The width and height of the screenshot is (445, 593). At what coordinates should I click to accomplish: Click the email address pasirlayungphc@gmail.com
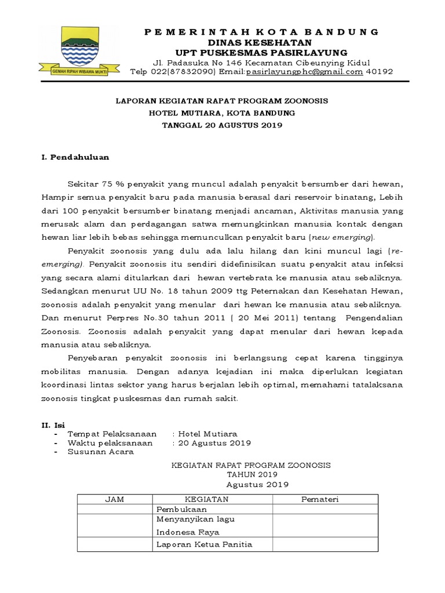[x=305, y=72]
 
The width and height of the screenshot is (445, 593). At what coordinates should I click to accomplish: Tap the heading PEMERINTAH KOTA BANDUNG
[x=261, y=31]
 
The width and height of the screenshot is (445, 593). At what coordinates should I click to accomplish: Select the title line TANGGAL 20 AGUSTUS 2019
[x=222, y=126]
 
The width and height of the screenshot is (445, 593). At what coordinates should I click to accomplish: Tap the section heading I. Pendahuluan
[x=75, y=157]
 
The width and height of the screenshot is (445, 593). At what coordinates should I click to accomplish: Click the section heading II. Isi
[x=53, y=425]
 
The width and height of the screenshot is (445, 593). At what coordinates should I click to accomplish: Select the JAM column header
[x=114, y=500]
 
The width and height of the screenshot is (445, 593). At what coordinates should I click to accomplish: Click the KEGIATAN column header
[x=206, y=500]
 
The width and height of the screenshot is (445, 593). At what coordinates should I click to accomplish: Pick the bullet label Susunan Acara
[x=101, y=452]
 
